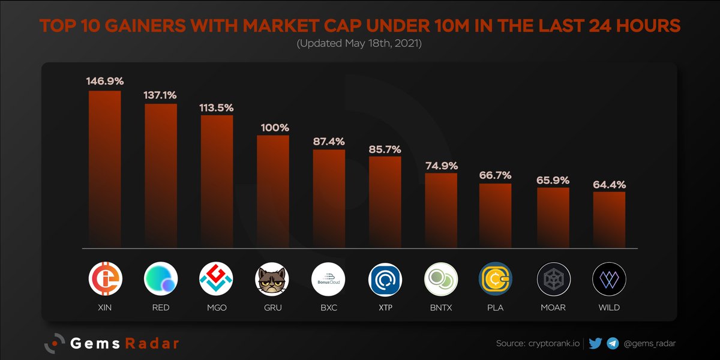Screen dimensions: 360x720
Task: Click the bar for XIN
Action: coord(105,169)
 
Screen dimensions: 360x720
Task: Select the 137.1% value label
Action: coord(161,95)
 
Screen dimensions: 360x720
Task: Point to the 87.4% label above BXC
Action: coord(329,141)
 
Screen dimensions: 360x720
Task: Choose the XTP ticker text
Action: coord(385,308)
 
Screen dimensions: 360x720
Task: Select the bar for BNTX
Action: coord(441,210)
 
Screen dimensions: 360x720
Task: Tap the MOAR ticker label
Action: coord(553,308)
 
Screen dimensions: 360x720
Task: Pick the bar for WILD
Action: coord(609,219)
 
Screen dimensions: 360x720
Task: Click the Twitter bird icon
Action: coord(595,344)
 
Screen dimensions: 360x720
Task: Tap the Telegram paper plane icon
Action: coord(613,344)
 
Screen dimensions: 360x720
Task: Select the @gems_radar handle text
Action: coord(650,344)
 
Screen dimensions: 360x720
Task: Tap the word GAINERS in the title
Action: coord(155,26)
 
